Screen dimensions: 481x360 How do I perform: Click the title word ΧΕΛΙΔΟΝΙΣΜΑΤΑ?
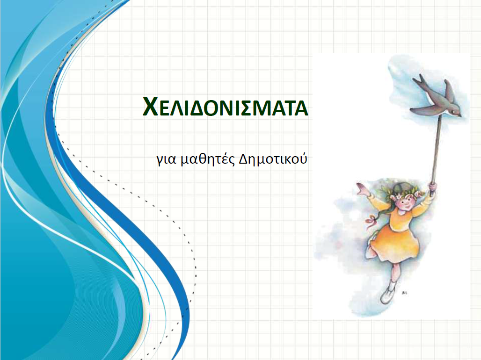pos(225,107)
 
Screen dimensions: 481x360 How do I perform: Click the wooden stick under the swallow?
pos(436,150)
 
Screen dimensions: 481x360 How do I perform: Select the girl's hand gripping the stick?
pos(432,188)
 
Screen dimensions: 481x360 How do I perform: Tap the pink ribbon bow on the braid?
pos(371,221)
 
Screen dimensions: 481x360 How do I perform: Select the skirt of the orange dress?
pos(394,242)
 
